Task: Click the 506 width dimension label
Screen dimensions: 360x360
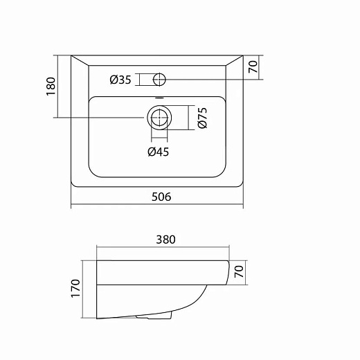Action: pyautogui.click(x=161, y=197)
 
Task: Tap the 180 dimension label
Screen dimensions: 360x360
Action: pyautogui.click(x=51, y=87)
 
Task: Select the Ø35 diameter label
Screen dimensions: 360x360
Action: pyautogui.click(x=120, y=80)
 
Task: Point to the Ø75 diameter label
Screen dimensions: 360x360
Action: pyautogui.click(x=202, y=118)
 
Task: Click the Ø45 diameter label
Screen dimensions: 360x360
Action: pyautogui.click(x=159, y=152)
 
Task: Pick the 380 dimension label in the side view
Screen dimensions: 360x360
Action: pyautogui.click(x=165, y=240)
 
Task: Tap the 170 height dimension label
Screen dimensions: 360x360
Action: pyautogui.click(x=75, y=288)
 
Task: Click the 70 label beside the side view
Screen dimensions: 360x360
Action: pyautogui.click(x=239, y=271)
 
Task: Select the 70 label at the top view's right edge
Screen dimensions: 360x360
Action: pyautogui.click(x=253, y=66)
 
